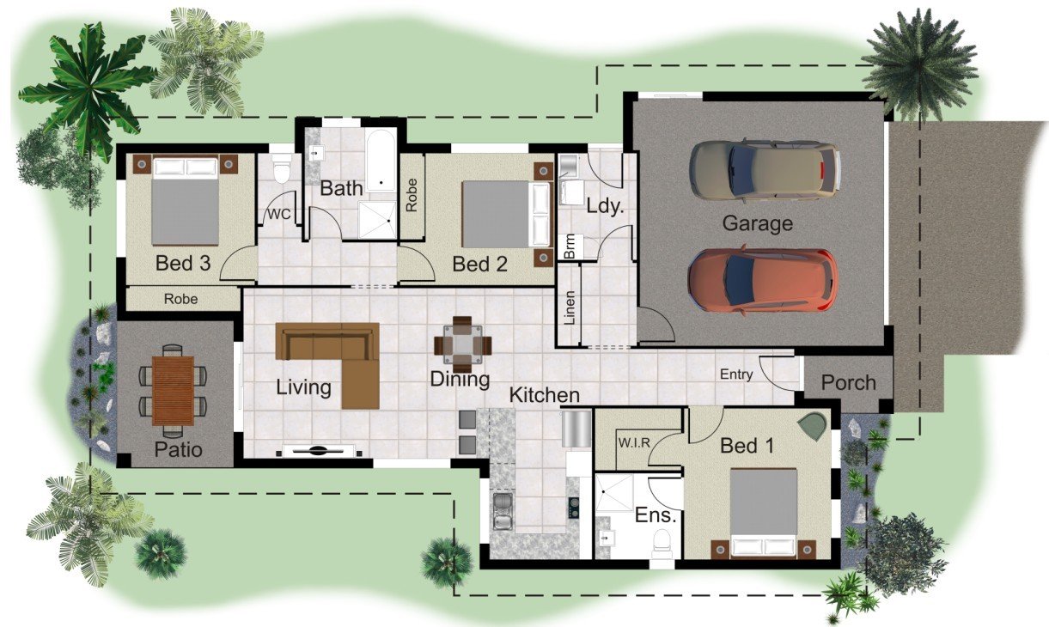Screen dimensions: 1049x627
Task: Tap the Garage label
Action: click(757, 223)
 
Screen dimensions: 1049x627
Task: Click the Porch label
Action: click(848, 382)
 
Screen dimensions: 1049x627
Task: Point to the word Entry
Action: click(736, 374)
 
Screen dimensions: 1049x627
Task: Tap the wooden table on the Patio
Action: click(173, 391)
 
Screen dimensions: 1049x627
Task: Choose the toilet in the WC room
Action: click(282, 168)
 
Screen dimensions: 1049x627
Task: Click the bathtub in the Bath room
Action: click(381, 160)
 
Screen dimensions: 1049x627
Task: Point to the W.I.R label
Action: click(634, 442)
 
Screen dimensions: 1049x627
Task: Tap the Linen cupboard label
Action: click(569, 307)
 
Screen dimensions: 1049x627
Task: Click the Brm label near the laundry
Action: click(570, 247)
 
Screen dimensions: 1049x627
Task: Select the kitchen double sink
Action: click(503, 512)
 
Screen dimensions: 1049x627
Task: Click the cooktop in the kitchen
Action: click(573, 508)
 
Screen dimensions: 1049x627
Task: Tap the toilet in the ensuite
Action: click(662, 543)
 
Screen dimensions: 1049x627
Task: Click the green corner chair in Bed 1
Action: click(813, 427)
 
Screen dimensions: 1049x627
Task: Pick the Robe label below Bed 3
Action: click(180, 299)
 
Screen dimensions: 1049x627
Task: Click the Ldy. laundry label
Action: click(605, 205)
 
